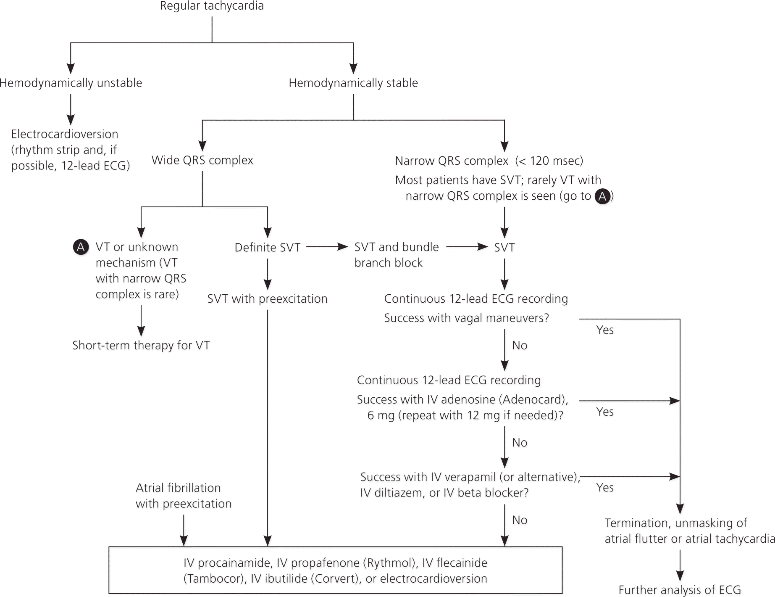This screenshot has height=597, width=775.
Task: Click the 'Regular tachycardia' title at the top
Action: point(212,6)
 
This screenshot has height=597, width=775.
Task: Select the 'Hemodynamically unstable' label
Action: point(71,83)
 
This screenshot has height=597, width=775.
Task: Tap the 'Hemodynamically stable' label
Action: point(353,83)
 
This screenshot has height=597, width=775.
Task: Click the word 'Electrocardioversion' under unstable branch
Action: point(65,134)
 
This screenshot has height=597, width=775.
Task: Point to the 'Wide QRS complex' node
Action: point(202,160)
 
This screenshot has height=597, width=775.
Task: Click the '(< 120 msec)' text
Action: point(549,161)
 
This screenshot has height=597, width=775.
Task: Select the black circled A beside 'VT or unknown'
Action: point(81,247)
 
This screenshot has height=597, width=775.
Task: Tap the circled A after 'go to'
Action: point(603,196)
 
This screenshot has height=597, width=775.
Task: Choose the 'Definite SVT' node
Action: point(268,247)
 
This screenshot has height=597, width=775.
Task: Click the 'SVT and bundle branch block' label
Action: point(396,254)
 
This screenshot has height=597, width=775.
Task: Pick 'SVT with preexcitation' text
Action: point(267,299)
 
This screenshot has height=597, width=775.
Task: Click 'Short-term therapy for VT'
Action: point(141,346)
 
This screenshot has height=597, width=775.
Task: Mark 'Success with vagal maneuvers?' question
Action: point(466,318)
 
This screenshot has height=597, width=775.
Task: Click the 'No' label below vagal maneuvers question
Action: point(520,346)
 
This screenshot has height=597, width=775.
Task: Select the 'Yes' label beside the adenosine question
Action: point(605,412)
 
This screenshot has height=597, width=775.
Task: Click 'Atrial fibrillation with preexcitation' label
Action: point(183,496)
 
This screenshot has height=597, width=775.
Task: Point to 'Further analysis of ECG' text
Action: point(680,590)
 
